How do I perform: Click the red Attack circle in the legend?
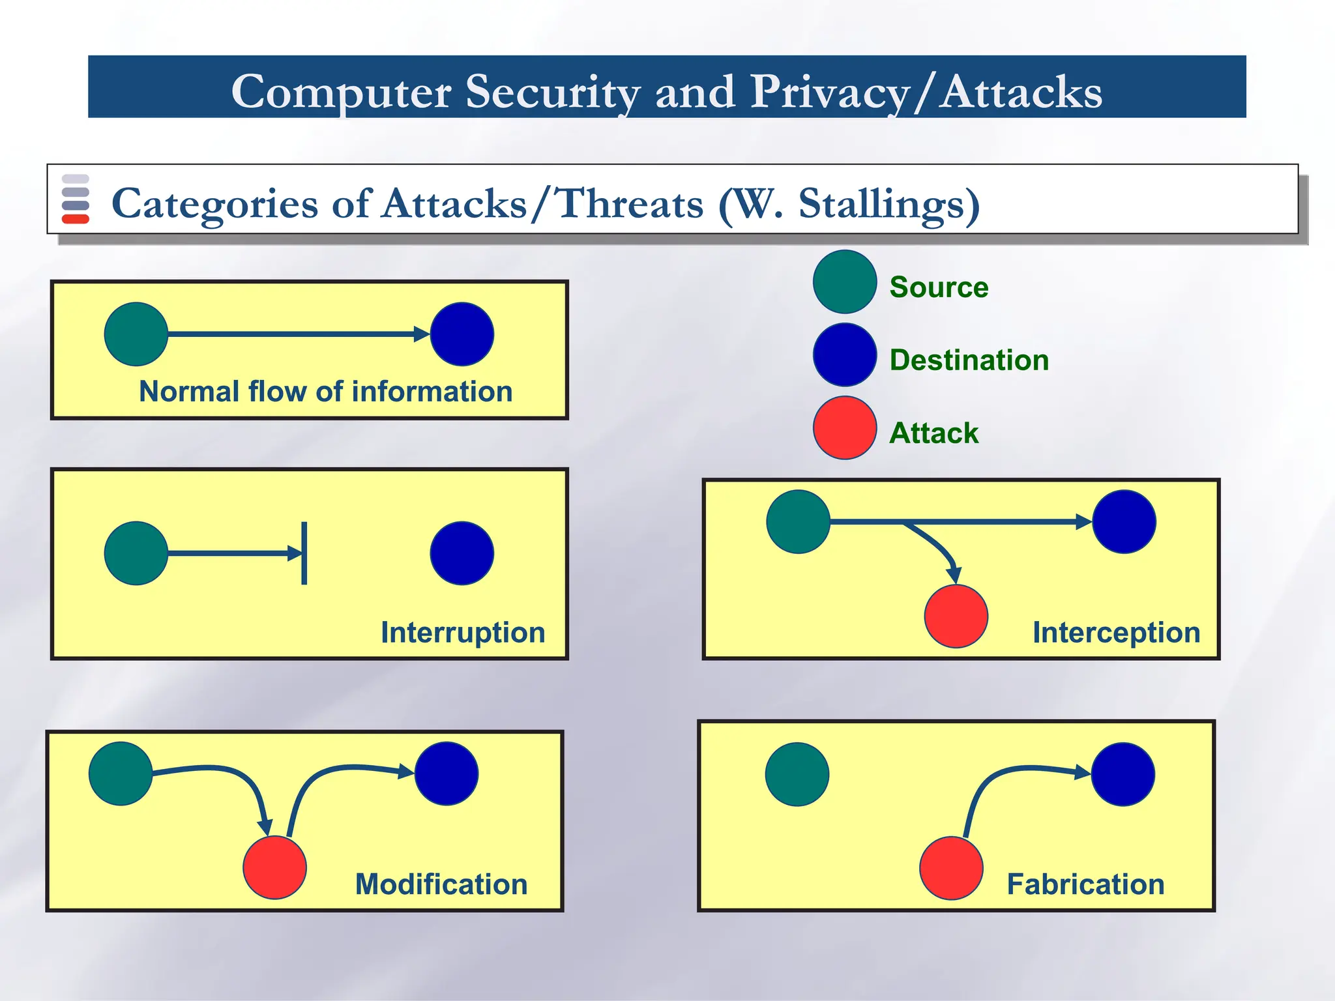tap(844, 428)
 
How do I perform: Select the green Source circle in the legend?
tap(844, 282)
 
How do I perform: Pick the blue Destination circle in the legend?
tap(844, 355)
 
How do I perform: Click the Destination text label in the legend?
tap(969, 360)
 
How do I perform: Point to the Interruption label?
tap(462, 633)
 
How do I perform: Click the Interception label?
tap(1115, 633)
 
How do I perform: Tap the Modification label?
tap(441, 884)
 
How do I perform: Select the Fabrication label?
tap(1085, 884)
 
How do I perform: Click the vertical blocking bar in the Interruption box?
tap(304, 553)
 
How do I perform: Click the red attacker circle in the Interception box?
tap(956, 616)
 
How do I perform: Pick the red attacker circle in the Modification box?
tap(274, 867)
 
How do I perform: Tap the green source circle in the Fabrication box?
tap(797, 774)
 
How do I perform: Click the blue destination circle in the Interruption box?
tap(462, 553)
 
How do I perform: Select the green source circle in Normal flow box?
tap(136, 334)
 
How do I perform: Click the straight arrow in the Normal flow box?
tap(293, 334)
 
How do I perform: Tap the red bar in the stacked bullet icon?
tap(76, 219)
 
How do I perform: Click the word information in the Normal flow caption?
tap(432, 392)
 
